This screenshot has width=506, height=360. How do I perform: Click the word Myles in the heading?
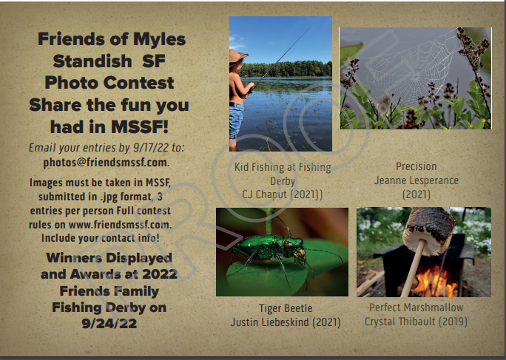(159, 40)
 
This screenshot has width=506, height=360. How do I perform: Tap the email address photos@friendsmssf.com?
(106, 162)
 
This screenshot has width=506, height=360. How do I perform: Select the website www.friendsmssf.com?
(119, 224)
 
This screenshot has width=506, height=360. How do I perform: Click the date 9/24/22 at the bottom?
(109, 323)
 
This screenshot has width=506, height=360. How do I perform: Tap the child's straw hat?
(237, 56)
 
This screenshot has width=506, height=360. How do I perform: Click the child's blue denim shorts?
(236, 120)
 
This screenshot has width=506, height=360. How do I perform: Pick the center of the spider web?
(416, 76)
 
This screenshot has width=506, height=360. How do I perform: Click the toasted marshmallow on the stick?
(429, 231)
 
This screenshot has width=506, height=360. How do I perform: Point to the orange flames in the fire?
(434, 281)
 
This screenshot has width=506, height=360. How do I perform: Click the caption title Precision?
(416, 166)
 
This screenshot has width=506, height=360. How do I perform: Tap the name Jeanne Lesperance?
(416, 180)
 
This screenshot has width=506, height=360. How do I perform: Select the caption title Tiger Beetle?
(286, 308)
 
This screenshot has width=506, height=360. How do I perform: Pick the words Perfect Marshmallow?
(416, 308)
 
